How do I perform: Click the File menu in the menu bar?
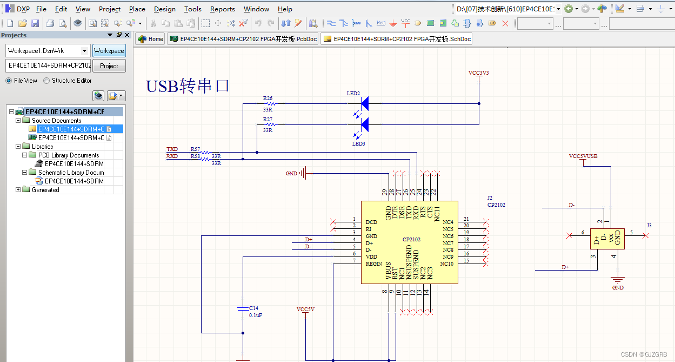click(41, 9)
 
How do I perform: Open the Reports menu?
click(222, 9)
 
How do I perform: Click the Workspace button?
click(109, 51)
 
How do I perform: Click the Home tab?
click(150, 39)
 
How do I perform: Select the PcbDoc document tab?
click(243, 39)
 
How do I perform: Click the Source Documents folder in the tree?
click(56, 121)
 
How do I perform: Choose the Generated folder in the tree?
click(45, 190)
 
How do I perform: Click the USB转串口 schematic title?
click(188, 86)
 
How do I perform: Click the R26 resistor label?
click(268, 98)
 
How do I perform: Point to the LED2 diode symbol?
click(364, 103)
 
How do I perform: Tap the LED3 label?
click(359, 144)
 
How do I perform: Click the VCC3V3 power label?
click(478, 73)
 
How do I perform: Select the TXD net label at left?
click(172, 149)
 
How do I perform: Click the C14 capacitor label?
click(253, 308)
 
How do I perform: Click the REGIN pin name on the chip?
click(374, 264)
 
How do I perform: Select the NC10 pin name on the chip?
click(446, 264)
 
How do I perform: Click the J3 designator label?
click(649, 225)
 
